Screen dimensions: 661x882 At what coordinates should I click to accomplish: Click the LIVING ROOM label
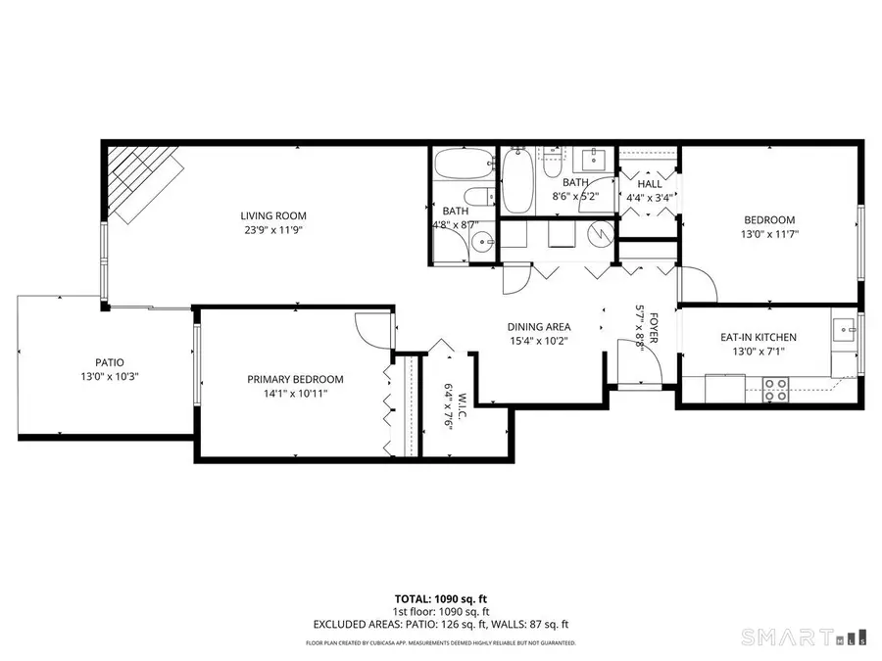[273, 215]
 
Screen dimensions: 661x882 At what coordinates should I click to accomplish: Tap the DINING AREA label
[538, 326]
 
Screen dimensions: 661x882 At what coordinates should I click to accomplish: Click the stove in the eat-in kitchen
[776, 391]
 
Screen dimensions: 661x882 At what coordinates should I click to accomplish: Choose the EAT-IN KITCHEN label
[759, 337]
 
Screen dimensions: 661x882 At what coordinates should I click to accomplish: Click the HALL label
[649, 183]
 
